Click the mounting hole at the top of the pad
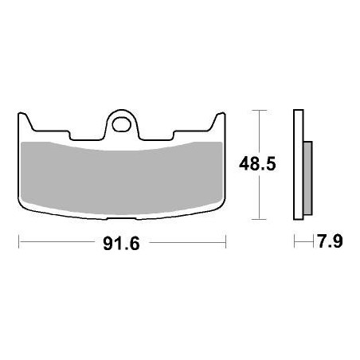click(122, 123)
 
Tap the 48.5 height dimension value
click(258, 165)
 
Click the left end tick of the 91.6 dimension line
click(19, 242)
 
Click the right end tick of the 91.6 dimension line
click(226, 242)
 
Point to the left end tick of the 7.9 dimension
click(295, 242)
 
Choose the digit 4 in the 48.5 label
click(245, 165)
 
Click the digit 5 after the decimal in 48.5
click(272, 165)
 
